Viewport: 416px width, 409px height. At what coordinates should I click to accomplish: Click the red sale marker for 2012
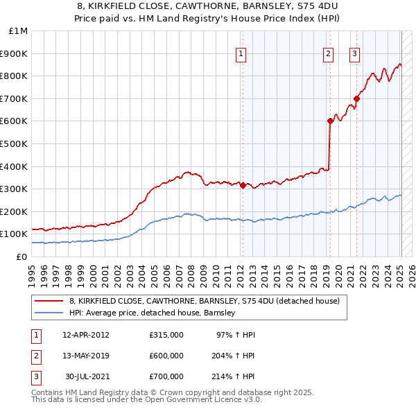243,185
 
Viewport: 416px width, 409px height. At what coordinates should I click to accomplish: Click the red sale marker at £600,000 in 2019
330,121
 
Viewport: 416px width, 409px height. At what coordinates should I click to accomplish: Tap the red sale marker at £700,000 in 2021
357,98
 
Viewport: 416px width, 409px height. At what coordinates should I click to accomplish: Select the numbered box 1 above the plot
241,53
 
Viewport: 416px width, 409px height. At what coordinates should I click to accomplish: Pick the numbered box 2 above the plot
328,53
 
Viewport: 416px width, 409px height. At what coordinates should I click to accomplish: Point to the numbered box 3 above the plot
354,53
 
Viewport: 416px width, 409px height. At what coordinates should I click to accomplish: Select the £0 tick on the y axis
23,256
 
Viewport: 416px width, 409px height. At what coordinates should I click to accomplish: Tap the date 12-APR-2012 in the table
86,335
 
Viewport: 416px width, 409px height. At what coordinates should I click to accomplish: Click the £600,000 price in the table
166,356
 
